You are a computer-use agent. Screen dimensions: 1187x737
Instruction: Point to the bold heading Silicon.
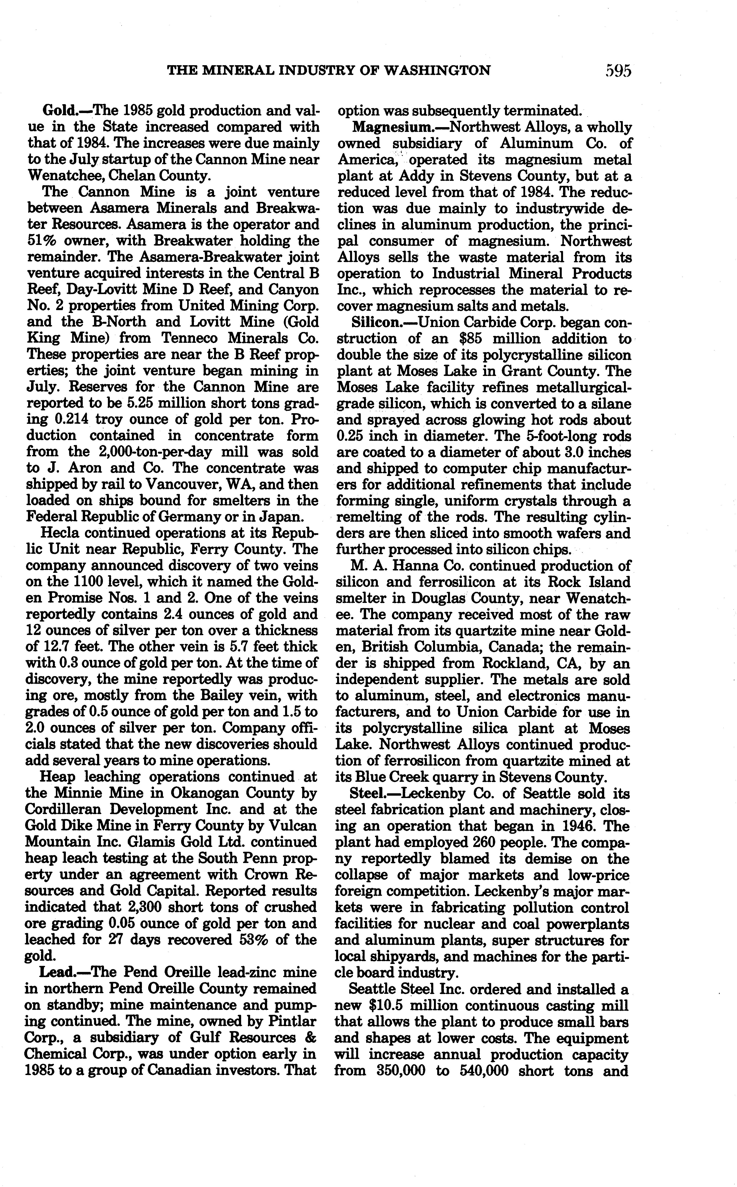pos(376,322)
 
